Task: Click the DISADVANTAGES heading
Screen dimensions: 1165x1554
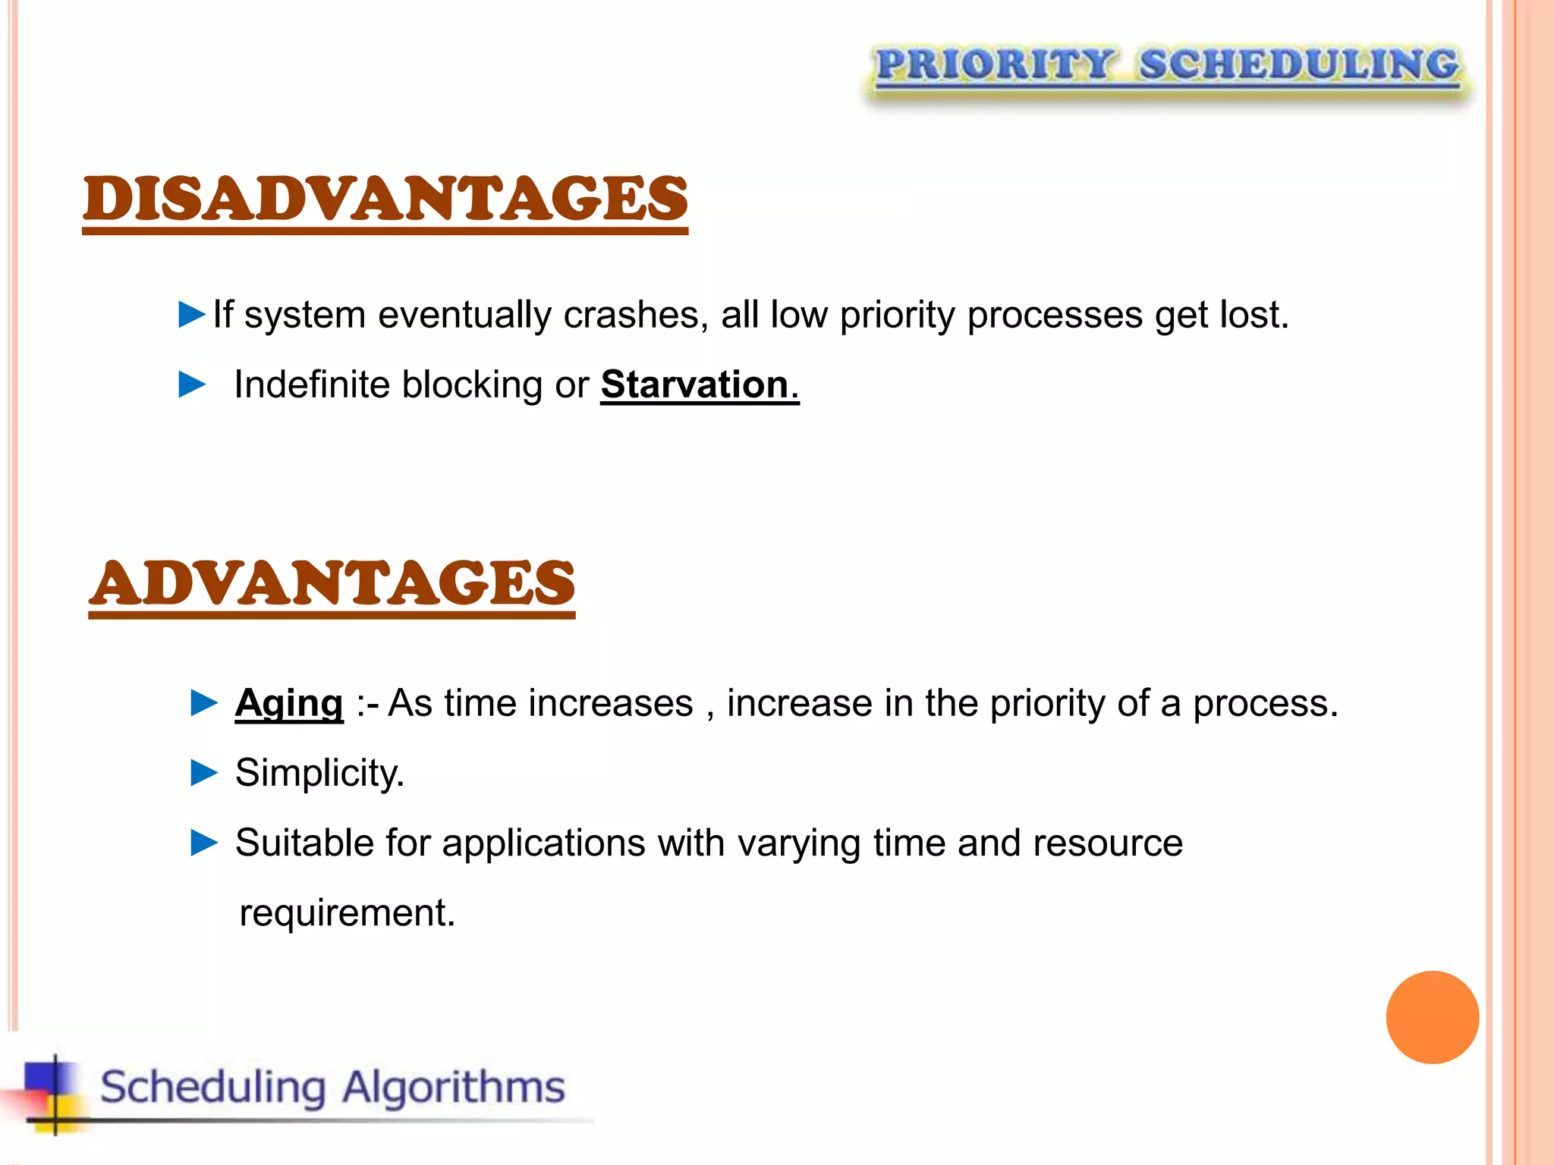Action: pos(385,199)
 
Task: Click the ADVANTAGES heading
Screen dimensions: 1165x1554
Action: pos(332,583)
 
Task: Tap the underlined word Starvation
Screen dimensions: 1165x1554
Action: pos(695,385)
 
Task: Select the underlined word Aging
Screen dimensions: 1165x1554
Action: pos(289,703)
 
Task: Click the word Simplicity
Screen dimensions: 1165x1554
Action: pos(319,773)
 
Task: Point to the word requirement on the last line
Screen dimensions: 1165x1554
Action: pos(346,912)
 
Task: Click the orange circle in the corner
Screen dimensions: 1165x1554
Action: pos(1432,1017)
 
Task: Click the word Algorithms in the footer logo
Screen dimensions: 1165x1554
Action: pos(453,1087)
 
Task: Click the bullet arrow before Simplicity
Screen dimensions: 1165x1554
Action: pos(204,773)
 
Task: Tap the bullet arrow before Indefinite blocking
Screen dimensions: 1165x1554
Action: pos(192,385)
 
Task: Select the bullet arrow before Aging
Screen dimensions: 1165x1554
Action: pos(204,703)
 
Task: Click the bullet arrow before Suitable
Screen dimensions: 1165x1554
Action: pos(204,843)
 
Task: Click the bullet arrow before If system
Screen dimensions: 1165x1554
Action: pos(192,314)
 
